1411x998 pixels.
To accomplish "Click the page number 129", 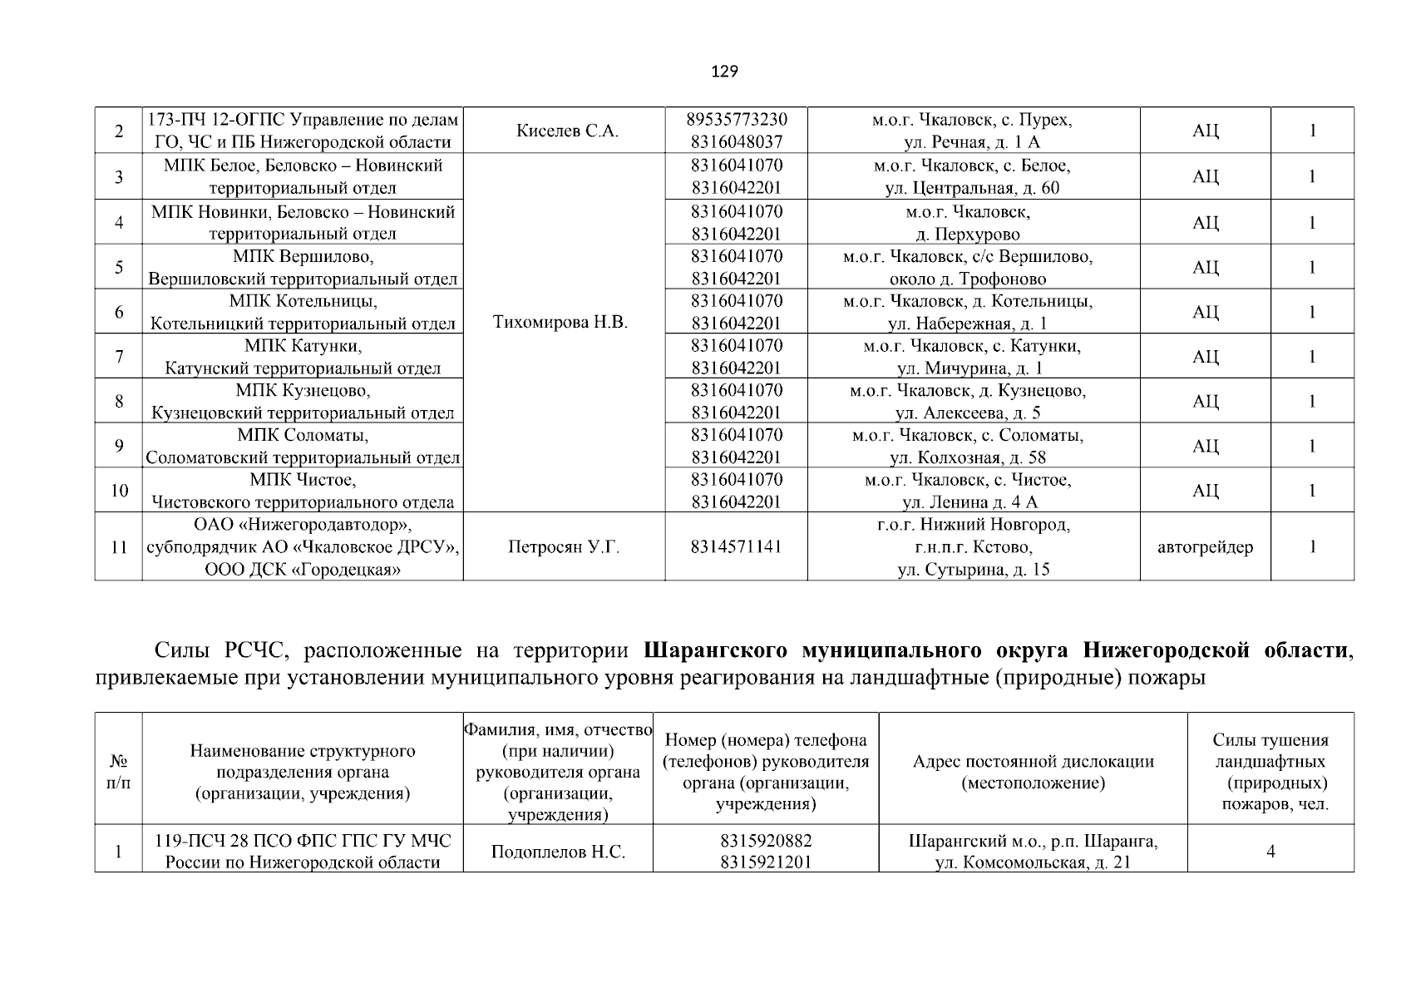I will click(724, 72).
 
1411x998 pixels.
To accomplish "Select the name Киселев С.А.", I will click(567, 131).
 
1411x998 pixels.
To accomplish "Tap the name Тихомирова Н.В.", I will click(560, 323).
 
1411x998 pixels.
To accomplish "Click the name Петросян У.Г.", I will click(563, 547).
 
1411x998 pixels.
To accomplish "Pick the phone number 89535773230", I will click(736, 120).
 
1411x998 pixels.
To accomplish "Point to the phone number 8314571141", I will click(736, 547).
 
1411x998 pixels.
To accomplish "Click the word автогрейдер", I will click(1205, 547).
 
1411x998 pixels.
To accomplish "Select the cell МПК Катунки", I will click(303, 346).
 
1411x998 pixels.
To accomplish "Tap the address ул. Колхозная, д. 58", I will click(968, 457).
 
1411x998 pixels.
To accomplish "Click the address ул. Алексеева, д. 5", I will click(968, 413).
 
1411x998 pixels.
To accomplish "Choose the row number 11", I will click(119, 547).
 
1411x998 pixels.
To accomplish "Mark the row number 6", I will click(119, 312).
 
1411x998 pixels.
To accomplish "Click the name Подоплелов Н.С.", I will click(558, 852).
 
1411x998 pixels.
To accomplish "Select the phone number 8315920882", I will click(766, 841).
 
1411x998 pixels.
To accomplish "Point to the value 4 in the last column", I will click(1270, 852).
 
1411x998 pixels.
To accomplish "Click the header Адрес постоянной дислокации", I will click(1033, 762).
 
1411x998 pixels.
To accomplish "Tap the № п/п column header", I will click(119, 773).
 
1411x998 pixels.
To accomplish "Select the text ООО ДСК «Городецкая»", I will click(303, 570).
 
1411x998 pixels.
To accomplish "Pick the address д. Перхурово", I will click(968, 235).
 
